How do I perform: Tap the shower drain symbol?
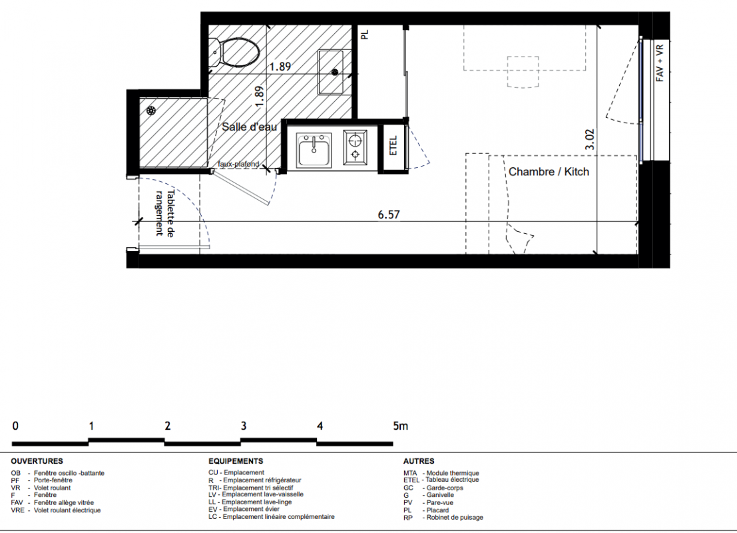click(x=151, y=111)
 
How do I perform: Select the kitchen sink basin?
click(x=314, y=150)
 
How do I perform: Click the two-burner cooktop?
click(x=355, y=147)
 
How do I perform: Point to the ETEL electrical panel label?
click(x=394, y=146)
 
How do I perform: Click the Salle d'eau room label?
click(x=249, y=127)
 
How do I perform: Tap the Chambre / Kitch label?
click(x=549, y=172)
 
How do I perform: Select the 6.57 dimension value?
click(x=389, y=215)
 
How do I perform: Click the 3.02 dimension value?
click(x=590, y=140)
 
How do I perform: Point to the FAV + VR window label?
click(x=660, y=63)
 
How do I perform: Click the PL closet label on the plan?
click(x=365, y=35)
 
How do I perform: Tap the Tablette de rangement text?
click(x=164, y=213)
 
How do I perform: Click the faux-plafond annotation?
click(x=238, y=164)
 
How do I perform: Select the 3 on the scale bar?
click(x=244, y=426)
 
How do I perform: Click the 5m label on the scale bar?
click(x=401, y=426)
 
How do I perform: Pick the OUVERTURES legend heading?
click(x=37, y=461)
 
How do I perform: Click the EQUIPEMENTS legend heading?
click(x=236, y=461)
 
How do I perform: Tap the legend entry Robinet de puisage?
click(x=455, y=518)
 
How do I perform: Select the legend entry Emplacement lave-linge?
click(x=256, y=502)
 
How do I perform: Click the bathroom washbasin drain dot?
click(x=335, y=72)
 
